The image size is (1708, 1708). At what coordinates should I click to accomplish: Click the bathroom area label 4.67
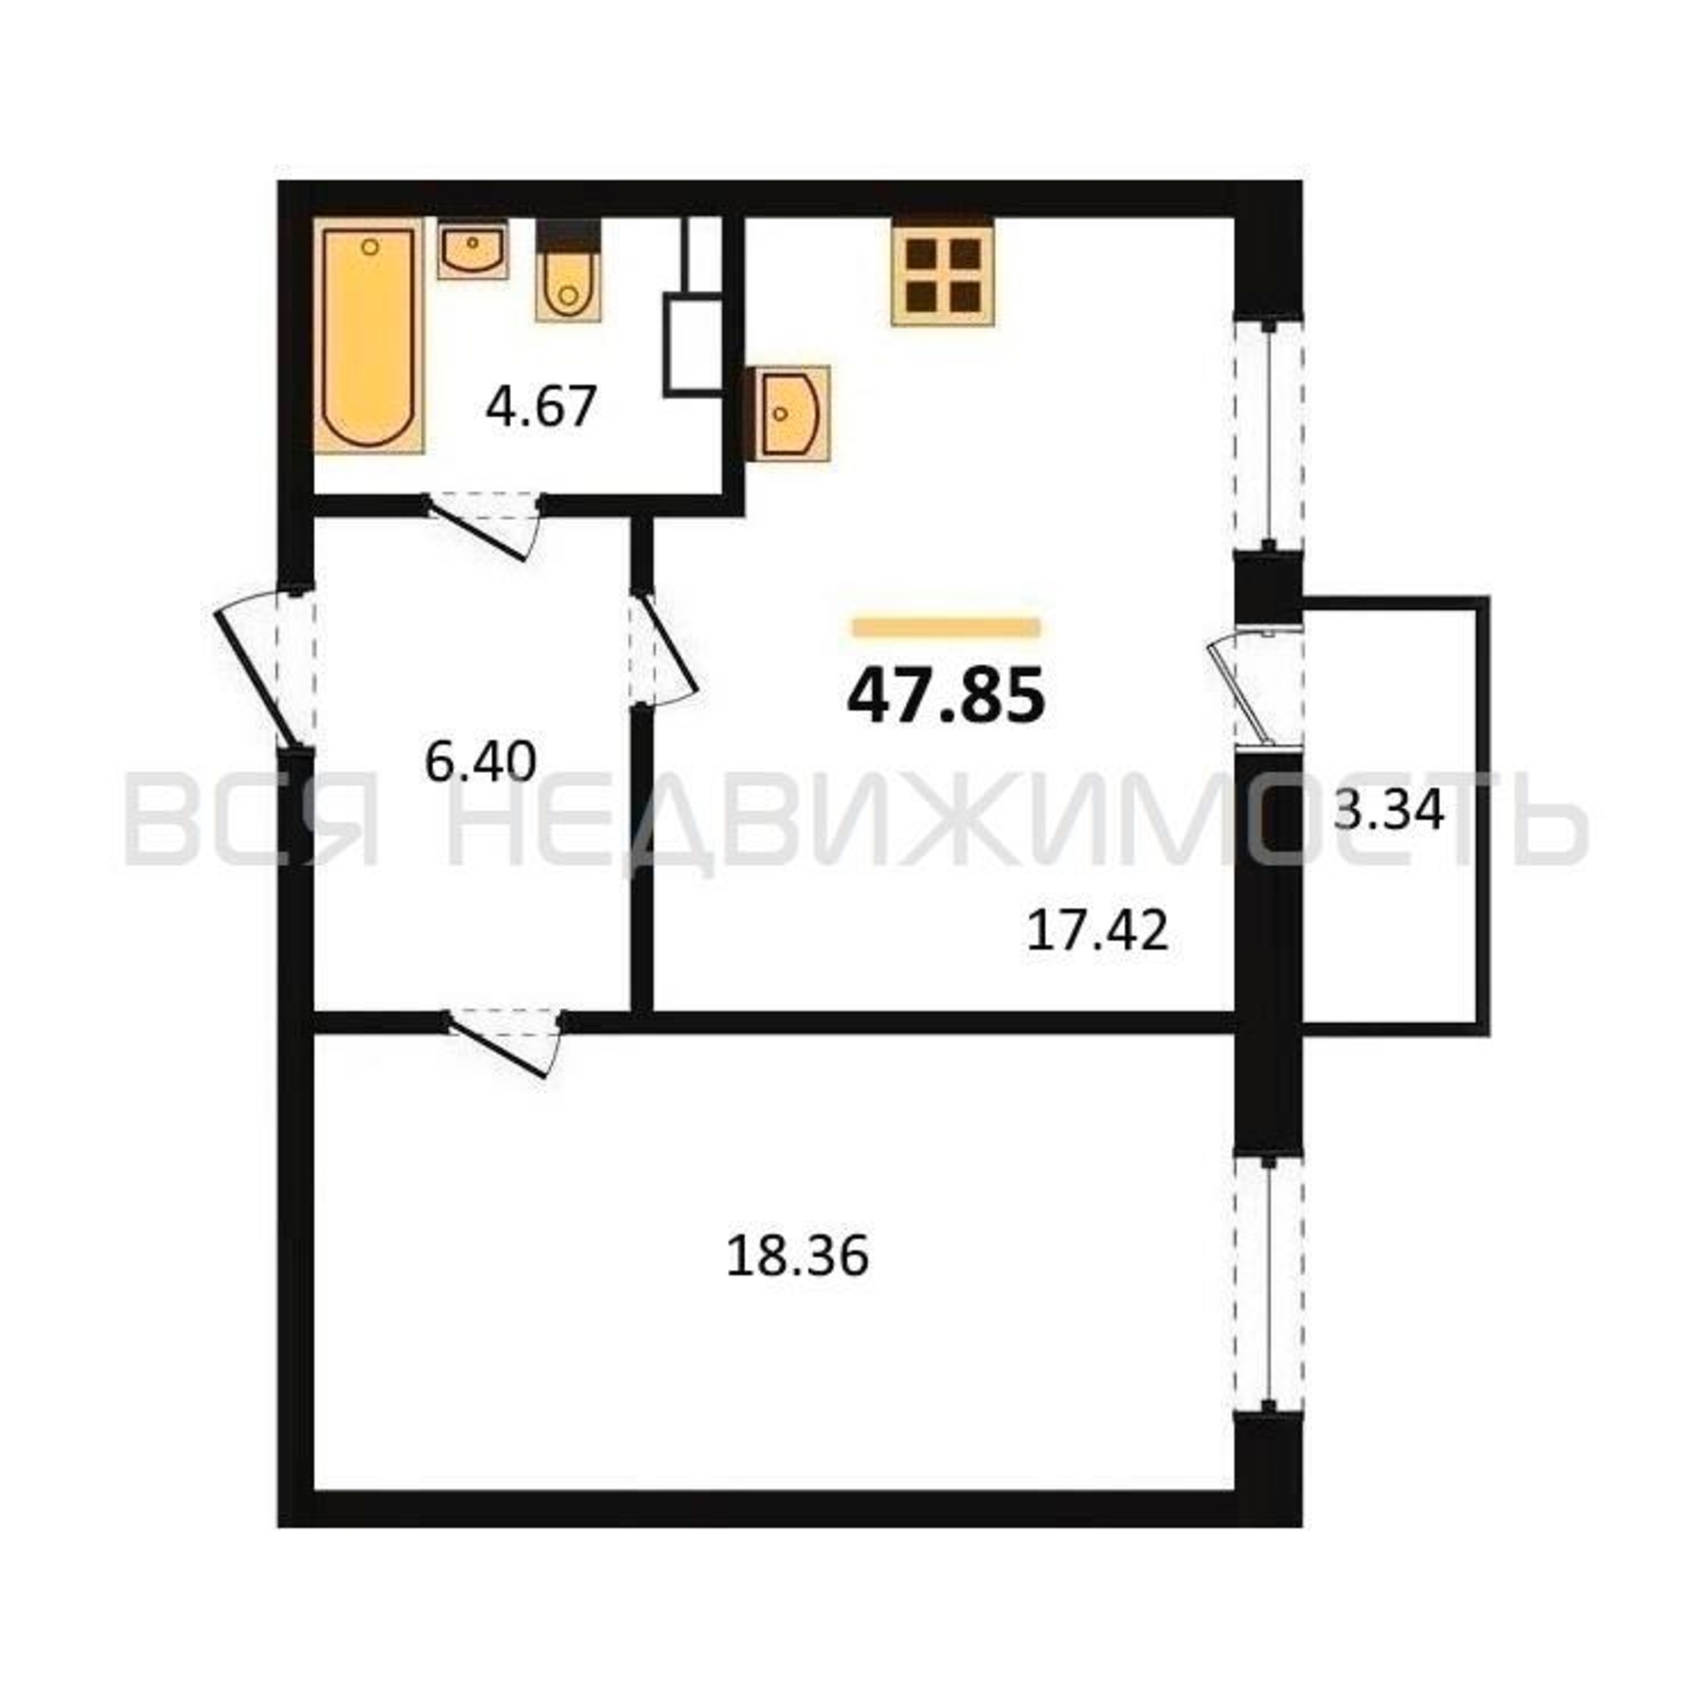(x=542, y=407)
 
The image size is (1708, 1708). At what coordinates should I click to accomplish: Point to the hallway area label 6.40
(x=480, y=761)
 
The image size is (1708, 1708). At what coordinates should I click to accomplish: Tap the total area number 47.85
(x=946, y=696)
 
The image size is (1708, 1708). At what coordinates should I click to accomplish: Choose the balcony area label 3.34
(x=1388, y=810)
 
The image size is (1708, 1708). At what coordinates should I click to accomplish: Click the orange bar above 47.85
(x=947, y=628)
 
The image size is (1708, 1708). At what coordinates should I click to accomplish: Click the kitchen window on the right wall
(x=1269, y=436)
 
